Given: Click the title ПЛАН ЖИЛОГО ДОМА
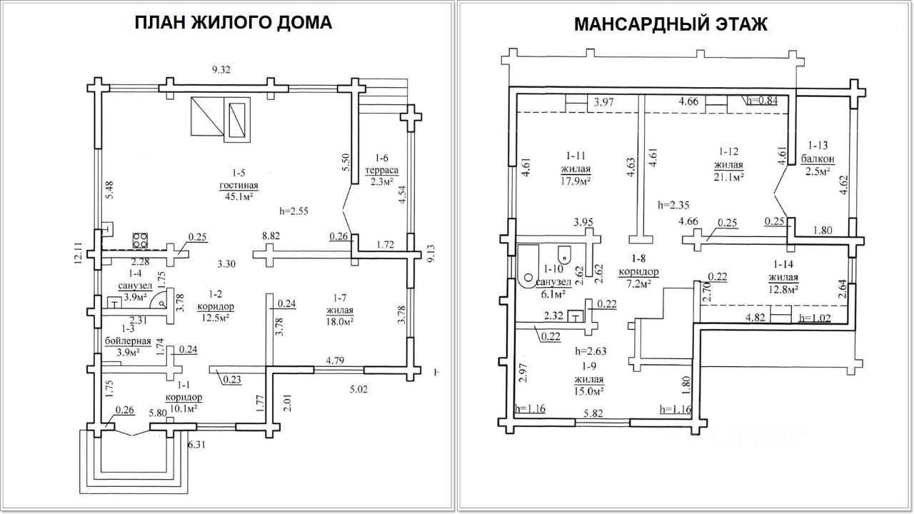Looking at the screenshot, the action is coord(233,23).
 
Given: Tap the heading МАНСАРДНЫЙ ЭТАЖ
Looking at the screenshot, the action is coord(671,24).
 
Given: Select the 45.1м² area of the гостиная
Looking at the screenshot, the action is coord(238,196).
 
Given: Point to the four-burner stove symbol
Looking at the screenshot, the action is coord(140,241).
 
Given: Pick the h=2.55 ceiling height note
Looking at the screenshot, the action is coord(293,211).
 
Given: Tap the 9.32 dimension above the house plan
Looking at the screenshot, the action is coord(221,70).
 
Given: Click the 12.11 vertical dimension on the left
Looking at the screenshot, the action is coord(79,253).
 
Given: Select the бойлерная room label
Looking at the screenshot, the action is coord(128,341).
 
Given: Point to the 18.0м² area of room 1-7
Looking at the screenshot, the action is coord(339,321).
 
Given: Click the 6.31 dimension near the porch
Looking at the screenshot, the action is coord(196,444).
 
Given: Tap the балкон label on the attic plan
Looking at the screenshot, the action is coord(818,158).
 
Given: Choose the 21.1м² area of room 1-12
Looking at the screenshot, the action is coord(728,176).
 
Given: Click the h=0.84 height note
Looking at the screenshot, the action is coord(762,101).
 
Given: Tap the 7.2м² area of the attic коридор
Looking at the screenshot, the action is coord(638,284).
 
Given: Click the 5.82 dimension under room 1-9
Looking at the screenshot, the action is coord(593,413).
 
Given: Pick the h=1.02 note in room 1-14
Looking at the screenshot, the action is coord(815,318).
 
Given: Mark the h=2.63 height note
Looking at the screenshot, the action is coord(591,351).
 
